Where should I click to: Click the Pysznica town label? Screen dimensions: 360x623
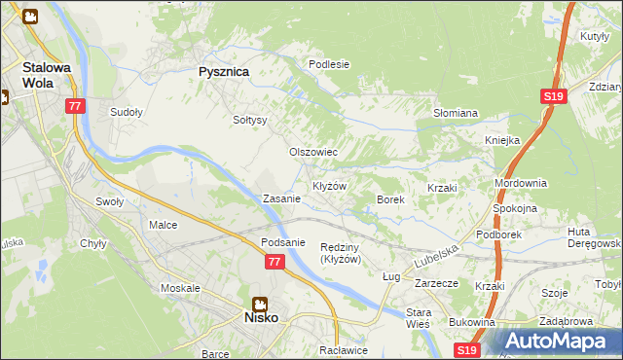click(x=224, y=71)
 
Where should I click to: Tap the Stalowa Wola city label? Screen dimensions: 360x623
click(x=46, y=75)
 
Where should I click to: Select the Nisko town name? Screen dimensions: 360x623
click(x=260, y=317)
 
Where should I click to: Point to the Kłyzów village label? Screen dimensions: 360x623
click(x=330, y=185)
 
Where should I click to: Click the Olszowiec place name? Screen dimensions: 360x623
click(x=313, y=152)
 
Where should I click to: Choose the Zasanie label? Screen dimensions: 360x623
click(x=281, y=198)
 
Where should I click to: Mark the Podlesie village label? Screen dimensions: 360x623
click(x=329, y=64)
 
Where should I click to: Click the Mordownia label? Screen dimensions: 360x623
click(x=521, y=183)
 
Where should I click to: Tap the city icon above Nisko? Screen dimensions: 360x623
click(x=260, y=303)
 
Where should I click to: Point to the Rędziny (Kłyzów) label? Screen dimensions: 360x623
click(x=341, y=253)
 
